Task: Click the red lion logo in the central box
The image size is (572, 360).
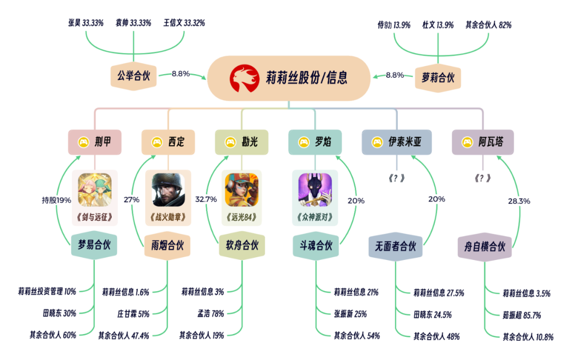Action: click(245, 78)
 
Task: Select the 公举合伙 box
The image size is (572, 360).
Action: click(133, 76)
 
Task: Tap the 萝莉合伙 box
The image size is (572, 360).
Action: click(438, 77)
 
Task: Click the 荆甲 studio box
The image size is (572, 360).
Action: click(95, 142)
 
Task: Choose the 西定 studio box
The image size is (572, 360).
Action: click(168, 142)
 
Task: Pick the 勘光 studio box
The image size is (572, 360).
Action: click(242, 142)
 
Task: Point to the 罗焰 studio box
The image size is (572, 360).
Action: click(315, 142)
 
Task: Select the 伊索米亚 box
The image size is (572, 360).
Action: click(396, 142)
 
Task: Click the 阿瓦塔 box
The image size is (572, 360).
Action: click(483, 142)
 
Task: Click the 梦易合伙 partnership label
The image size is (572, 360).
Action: click(94, 246)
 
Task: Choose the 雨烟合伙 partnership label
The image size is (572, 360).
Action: click(167, 246)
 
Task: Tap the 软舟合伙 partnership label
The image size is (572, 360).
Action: click(242, 246)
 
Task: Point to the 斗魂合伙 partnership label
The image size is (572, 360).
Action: click(315, 246)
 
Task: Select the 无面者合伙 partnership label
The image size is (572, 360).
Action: click(396, 247)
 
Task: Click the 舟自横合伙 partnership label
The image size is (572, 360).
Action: click(485, 247)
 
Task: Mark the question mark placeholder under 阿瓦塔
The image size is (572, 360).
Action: click(482, 178)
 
